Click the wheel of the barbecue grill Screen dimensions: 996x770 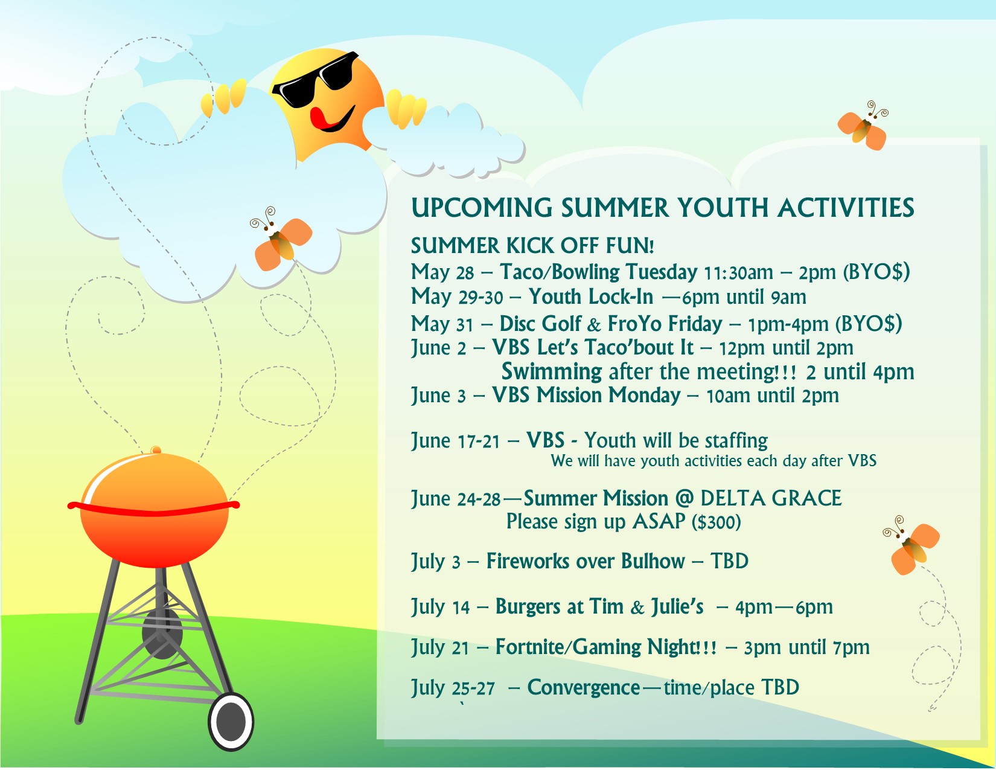(x=231, y=722)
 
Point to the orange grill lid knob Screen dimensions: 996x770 (x=156, y=449)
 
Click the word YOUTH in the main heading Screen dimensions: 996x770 (x=723, y=208)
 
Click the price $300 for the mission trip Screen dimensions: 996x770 (x=716, y=522)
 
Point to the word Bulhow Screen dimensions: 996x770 (x=653, y=561)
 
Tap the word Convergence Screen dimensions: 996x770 (x=584, y=687)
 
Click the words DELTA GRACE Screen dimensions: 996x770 (x=771, y=498)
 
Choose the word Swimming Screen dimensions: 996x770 (x=551, y=372)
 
